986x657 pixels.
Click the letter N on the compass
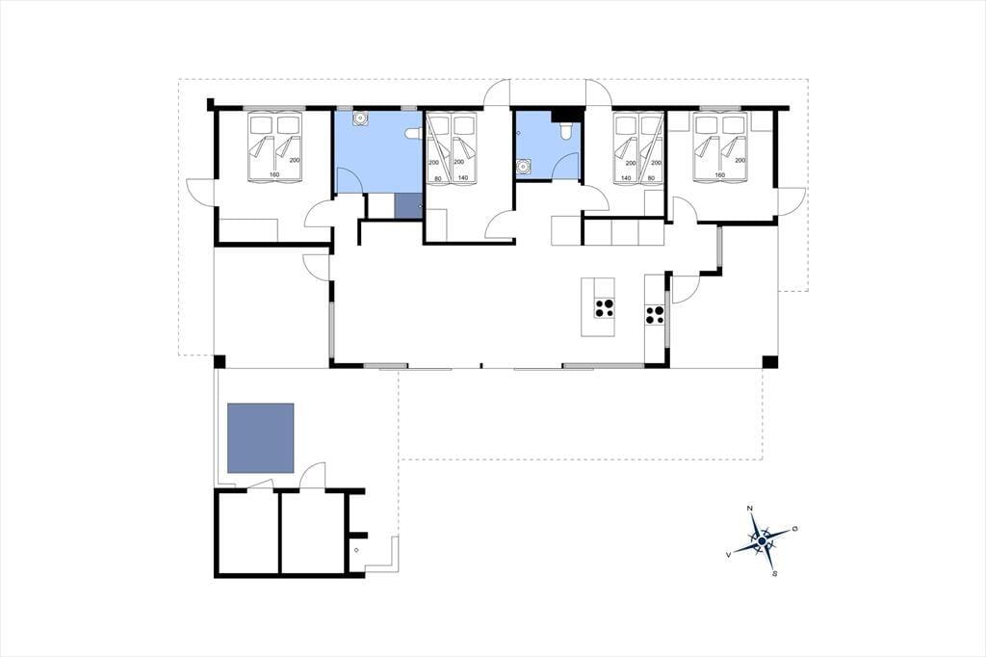(x=749, y=508)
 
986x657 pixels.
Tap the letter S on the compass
(x=775, y=573)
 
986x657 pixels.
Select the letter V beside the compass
(x=728, y=555)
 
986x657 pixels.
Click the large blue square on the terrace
(x=260, y=438)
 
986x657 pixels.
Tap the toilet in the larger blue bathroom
(x=413, y=133)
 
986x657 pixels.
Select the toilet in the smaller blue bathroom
(x=565, y=130)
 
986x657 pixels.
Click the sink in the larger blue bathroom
(x=360, y=118)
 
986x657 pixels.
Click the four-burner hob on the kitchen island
(x=605, y=307)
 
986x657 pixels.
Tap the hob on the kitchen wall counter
(x=655, y=314)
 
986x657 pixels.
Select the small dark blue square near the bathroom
(x=408, y=206)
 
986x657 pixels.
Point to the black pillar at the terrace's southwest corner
(x=220, y=362)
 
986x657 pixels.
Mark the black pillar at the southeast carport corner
(x=770, y=362)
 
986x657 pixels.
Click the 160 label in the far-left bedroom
(x=274, y=174)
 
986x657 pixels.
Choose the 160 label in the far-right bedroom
(x=720, y=175)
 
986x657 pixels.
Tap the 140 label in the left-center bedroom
(x=463, y=178)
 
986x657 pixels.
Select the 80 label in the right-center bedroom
(x=651, y=178)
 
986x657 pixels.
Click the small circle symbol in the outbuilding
(x=356, y=550)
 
